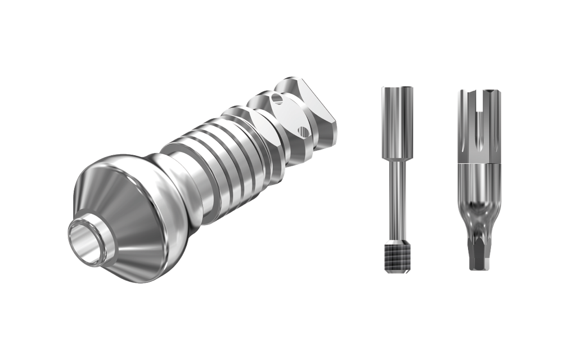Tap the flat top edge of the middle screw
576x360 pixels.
[397, 87]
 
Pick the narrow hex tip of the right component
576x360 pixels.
[478, 253]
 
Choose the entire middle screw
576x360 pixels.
[397, 180]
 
